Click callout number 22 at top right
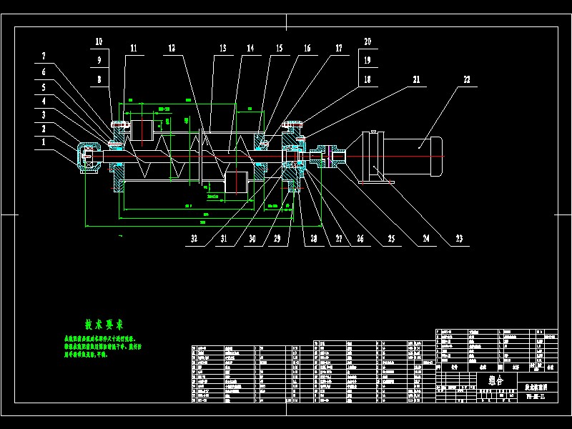click(x=467, y=80)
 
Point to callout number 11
click(x=133, y=49)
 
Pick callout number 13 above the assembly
click(x=223, y=49)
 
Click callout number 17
click(x=337, y=49)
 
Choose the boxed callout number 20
click(x=368, y=41)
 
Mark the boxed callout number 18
click(x=368, y=80)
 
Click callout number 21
click(x=415, y=80)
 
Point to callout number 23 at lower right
click(x=459, y=240)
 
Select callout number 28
click(x=312, y=240)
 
